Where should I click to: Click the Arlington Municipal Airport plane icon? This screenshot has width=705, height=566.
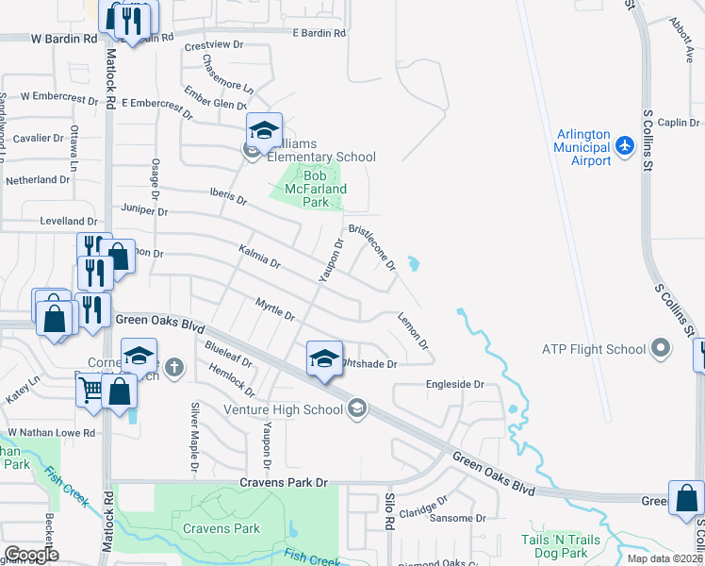(624, 146)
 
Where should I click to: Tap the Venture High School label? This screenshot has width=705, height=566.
(283, 409)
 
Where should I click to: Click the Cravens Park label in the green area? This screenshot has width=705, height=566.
(221, 528)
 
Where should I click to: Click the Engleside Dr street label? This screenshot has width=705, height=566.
(454, 384)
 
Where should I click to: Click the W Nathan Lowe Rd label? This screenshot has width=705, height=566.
(52, 433)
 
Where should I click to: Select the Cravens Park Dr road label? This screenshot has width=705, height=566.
(282, 482)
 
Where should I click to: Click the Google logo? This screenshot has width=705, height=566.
(30, 555)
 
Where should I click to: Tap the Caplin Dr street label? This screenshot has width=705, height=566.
(677, 123)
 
